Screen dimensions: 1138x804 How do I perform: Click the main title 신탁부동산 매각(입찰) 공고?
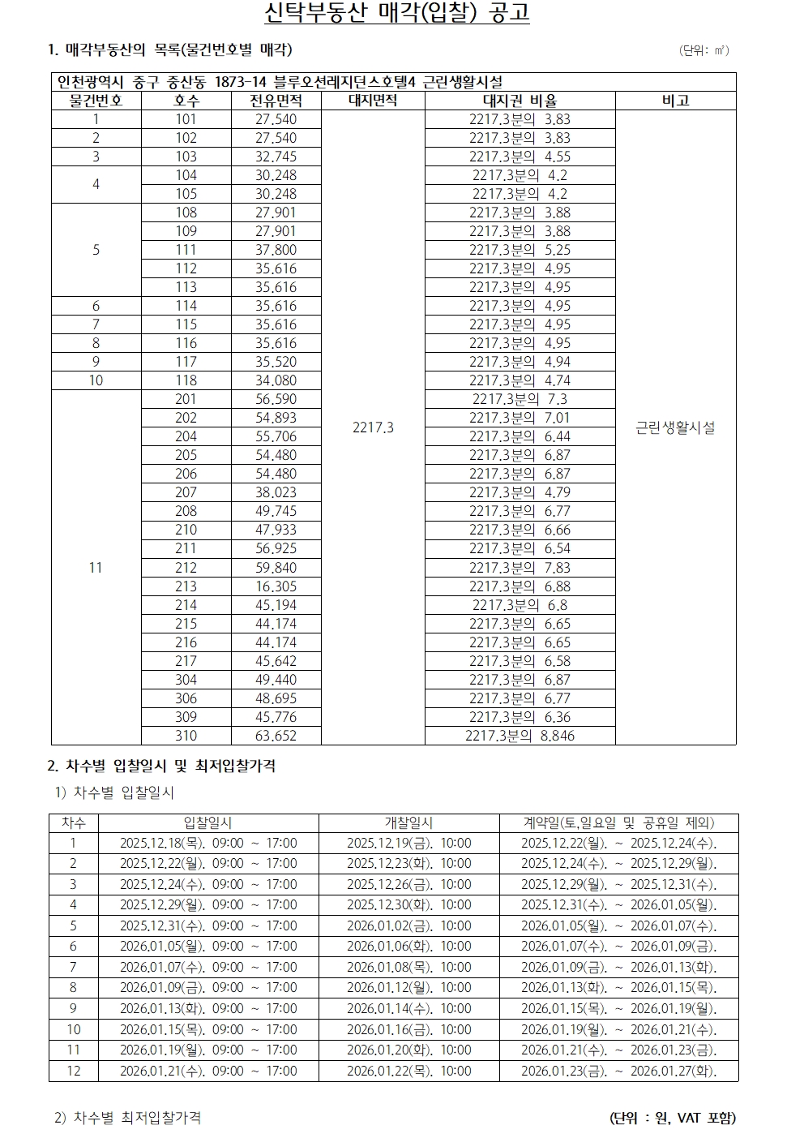coord(397,15)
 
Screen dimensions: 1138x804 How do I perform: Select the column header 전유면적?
coord(276,101)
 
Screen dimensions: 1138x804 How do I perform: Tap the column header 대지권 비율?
coord(520,101)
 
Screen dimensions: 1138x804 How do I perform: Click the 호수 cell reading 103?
coord(186,157)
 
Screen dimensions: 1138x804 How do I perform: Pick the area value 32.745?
coord(276,157)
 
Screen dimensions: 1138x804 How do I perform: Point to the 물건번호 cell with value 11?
coord(96,568)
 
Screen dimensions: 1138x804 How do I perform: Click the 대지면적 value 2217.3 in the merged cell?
coord(373,427)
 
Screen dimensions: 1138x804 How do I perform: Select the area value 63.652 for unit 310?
coord(276,736)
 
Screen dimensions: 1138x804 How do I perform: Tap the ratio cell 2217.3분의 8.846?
coord(520,736)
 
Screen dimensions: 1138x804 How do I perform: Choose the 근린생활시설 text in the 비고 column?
coord(675,427)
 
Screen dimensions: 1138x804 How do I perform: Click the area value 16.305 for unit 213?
coord(276,586)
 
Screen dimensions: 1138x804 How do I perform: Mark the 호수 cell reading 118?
coord(186,380)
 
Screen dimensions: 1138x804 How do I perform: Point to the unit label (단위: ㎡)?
coord(703,50)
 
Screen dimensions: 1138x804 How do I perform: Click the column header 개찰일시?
coord(408,822)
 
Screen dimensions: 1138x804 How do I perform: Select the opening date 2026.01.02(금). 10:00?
coord(408,925)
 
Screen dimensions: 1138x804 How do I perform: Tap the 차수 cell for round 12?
coord(74,1071)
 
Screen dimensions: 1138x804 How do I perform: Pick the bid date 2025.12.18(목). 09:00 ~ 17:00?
coord(208,843)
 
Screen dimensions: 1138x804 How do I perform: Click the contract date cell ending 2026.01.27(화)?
coord(618,1071)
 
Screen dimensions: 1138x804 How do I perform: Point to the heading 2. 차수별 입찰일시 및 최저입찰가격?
coord(162,766)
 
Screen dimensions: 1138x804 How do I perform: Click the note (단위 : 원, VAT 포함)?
coord(672,1118)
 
